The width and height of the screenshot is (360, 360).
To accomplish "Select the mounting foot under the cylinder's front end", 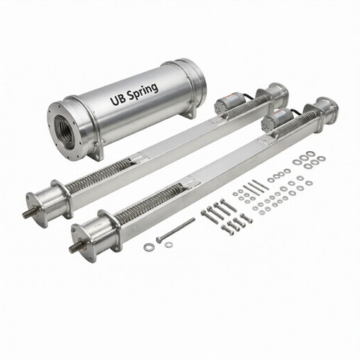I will coord(96,149).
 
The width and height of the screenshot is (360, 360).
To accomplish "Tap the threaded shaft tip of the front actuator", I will coord(74,249).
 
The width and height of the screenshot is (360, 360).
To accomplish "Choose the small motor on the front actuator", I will coord(281,118).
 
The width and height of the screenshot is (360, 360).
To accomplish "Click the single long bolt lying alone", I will coord(176,230).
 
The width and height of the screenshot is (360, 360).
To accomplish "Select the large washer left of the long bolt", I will coord(149,247).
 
